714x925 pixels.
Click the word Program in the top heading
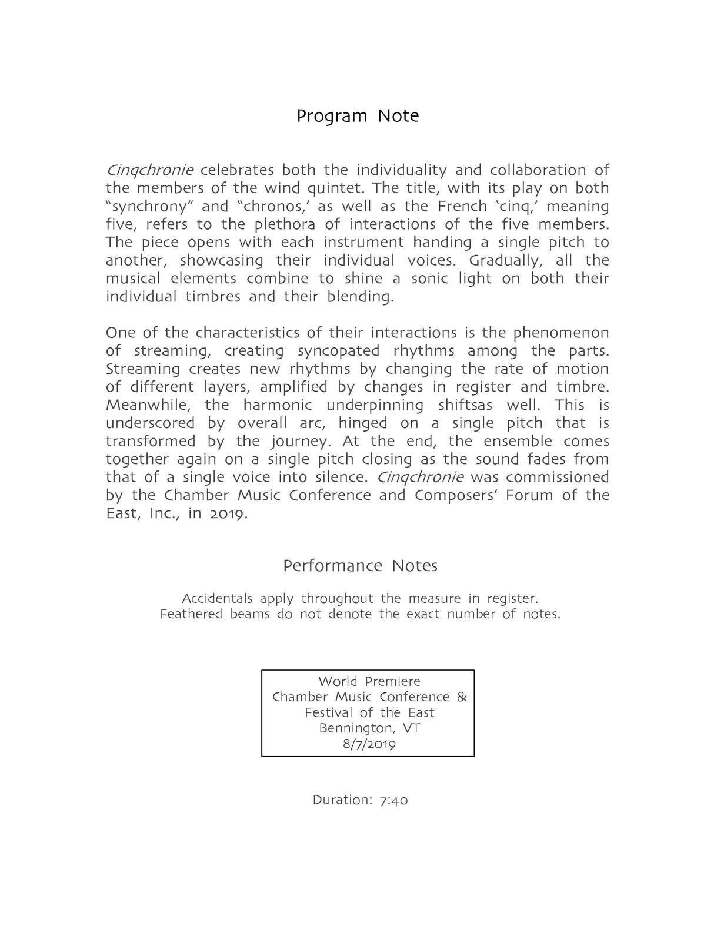[332, 116]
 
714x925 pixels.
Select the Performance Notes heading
[360, 566]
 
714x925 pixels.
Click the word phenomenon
[561, 333]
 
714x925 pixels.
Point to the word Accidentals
[217, 599]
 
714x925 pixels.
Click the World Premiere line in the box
[369, 681]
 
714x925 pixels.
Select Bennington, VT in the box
[369, 728]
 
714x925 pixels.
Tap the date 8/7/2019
[369, 744]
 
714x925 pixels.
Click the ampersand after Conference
[462, 697]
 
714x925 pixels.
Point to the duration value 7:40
[393, 800]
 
